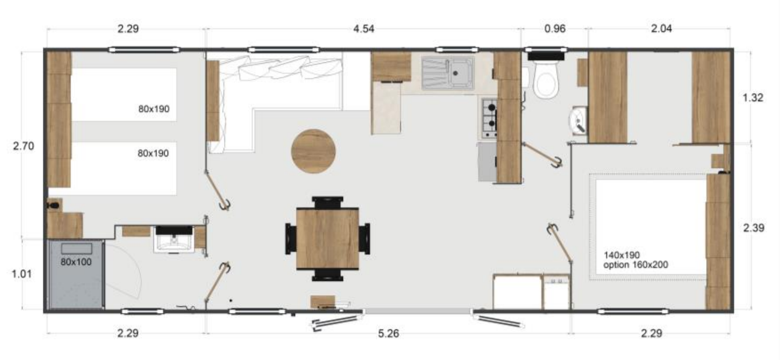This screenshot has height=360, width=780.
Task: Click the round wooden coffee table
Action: [x=314, y=151]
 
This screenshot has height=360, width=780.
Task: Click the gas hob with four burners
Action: [x=489, y=118]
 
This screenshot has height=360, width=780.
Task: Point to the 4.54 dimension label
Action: [x=364, y=29]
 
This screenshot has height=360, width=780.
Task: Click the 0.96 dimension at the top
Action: [x=554, y=29]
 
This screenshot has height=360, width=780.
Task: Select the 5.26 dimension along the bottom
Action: [x=388, y=333]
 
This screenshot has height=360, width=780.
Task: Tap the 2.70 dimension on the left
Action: [x=23, y=146]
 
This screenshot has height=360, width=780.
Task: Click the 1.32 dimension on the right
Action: [x=753, y=97]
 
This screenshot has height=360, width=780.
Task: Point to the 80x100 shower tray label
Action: [x=76, y=261]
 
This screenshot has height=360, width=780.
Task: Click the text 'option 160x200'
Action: [x=636, y=265]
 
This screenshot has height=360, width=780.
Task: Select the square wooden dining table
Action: [x=327, y=238]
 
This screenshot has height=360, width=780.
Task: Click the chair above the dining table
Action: [x=327, y=202]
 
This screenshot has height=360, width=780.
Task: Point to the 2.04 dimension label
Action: [x=661, y=29]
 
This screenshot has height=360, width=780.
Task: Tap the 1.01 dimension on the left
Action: [x=21, y=274]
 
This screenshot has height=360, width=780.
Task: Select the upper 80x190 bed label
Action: [x=154, y=109]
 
